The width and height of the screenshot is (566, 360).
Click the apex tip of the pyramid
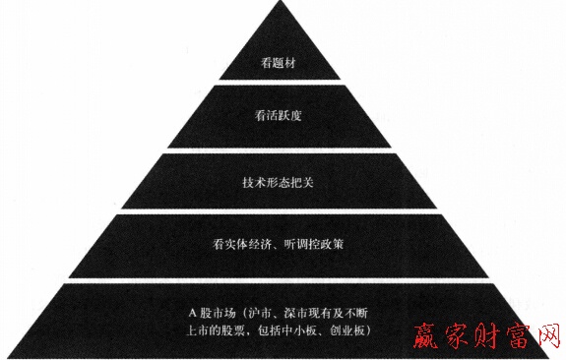click(x=283, y=5)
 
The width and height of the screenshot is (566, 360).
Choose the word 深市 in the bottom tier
click(x=292, y=312)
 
